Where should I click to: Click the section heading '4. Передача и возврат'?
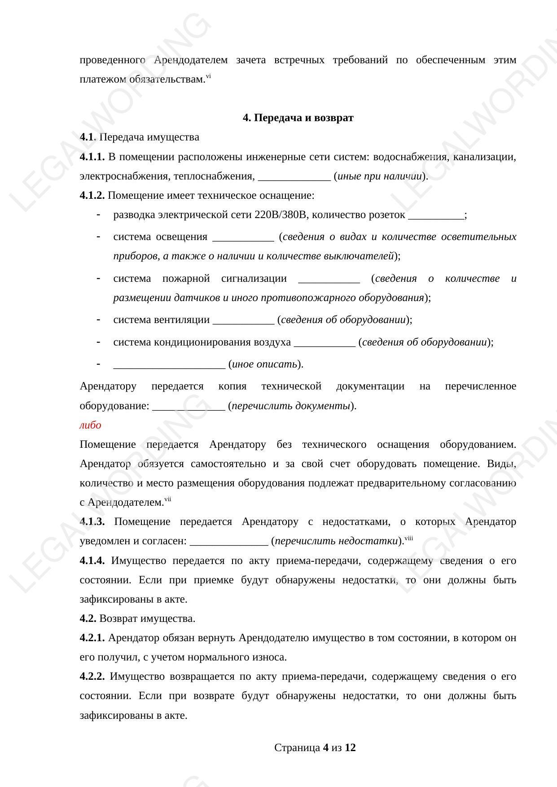coord(298,118)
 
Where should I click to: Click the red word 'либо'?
coord(90,425)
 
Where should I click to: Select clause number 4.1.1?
coord(92,157)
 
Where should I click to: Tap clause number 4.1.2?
coord(92,196)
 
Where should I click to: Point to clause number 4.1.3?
coord(92,522)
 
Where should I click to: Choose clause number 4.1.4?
coord(92,561)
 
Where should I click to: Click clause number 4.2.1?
coord(92,638)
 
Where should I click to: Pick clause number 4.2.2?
coord(92,677)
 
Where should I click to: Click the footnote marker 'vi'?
coord(209,77)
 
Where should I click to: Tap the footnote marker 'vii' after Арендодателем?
coord(168,499)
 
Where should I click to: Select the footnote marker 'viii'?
coord(408,538)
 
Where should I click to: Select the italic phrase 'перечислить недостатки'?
coord(336,541)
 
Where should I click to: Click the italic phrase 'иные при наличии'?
coord(379,176)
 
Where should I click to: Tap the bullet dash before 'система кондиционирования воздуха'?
coord(98,342)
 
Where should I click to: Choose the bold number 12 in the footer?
coord(350,748)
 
